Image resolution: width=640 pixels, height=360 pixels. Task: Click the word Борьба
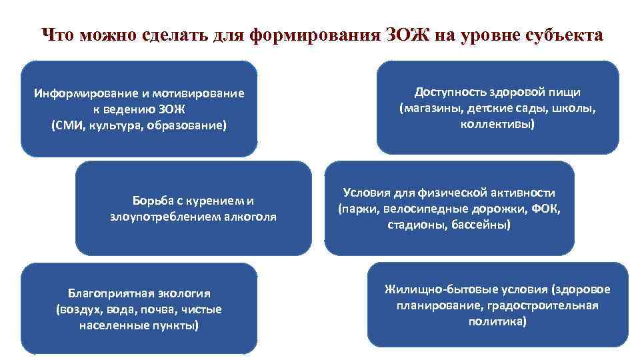tap(151, 201)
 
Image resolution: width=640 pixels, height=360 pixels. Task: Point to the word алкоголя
tap(251, 217)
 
